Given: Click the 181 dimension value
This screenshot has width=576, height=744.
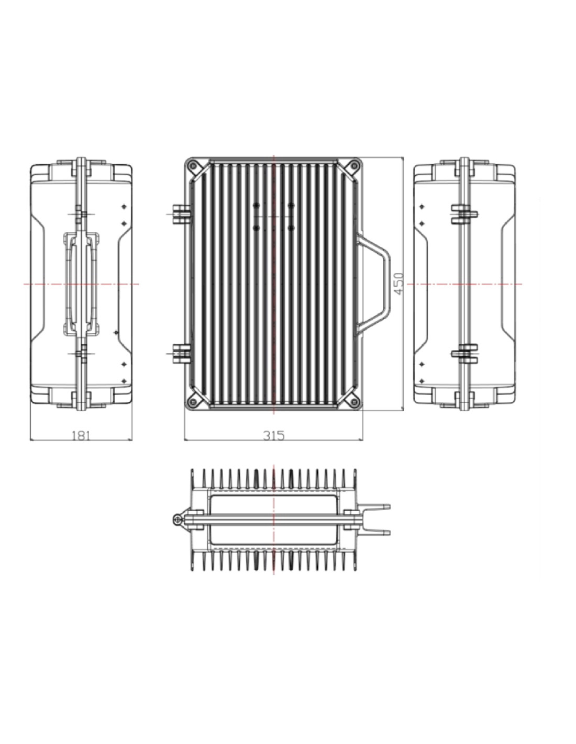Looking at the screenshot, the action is click(81, 435).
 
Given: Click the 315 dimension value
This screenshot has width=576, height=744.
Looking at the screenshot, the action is click(273, 435).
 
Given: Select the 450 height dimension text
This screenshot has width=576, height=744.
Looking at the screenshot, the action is click(399, 284).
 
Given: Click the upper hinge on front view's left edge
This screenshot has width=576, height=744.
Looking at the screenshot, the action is click(181, 215).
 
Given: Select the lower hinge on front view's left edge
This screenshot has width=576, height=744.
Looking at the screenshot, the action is click(181, 353).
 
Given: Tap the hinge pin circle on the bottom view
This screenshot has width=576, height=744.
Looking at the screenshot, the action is click(177, 521).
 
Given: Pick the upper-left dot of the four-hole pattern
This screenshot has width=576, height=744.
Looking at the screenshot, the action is click(256, 205).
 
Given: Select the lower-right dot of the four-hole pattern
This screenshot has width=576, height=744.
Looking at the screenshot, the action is click(291, 228).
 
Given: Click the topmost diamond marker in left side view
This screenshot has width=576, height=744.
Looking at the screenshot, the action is click(124, 207).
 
